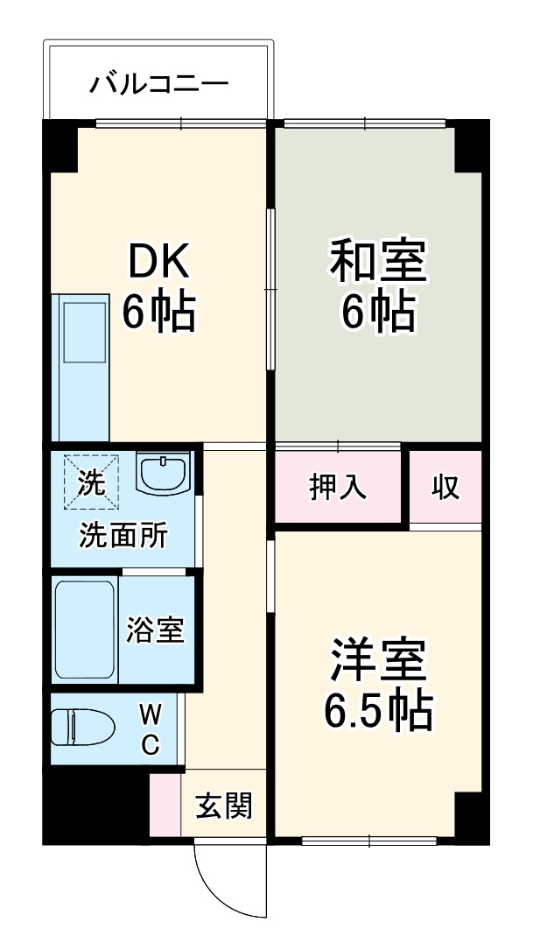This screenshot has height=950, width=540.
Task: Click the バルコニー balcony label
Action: [159, 85]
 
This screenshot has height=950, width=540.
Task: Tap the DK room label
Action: [158, 258]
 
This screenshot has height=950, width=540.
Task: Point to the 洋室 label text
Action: [378, 663]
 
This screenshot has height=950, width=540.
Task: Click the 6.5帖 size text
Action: [378, 714]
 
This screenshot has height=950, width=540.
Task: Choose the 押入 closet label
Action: [338, 487]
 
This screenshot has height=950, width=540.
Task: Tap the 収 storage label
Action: [445, 487]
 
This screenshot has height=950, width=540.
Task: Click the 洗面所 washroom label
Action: [124, 535]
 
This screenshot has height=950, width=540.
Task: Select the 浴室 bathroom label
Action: [155, 630]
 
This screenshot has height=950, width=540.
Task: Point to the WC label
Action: [151, 731]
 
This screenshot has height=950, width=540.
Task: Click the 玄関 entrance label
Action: [223, 805]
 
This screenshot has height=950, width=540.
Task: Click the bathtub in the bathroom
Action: [84, 628]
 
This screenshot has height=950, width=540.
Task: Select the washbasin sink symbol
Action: [163, 474]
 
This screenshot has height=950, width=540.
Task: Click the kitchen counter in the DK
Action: [82, 368]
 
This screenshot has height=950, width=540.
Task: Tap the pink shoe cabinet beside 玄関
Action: [165, 805]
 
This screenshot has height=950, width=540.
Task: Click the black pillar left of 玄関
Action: [94, 805]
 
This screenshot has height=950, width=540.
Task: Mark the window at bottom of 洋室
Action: [368, 841]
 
